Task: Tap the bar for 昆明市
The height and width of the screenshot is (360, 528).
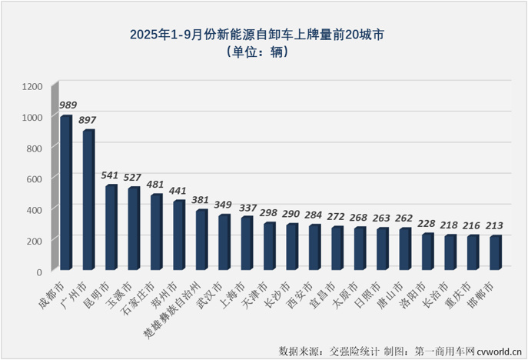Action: tap(111, 228)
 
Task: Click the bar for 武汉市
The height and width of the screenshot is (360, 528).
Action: tap(224, 242)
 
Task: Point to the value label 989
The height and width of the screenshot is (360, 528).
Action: tap(68, 105)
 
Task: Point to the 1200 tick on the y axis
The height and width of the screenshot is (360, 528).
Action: tap(32, 85)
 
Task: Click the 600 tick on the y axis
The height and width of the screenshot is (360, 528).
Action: tap(35, 178)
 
